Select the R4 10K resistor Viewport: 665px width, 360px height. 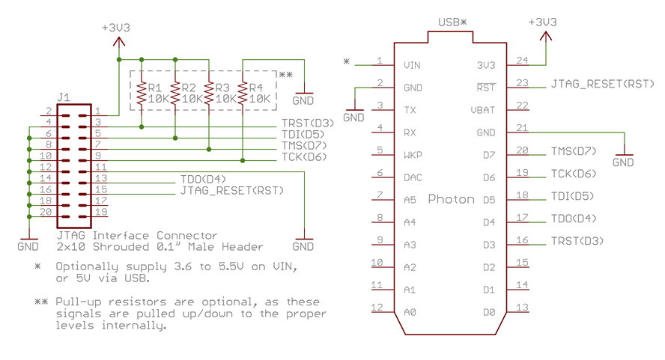[243, 92]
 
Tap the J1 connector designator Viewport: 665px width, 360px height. [64, 97]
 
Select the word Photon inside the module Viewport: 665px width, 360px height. [452, 199]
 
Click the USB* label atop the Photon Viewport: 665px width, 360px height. [452, 22]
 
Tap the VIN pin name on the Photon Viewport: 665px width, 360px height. [411, 66]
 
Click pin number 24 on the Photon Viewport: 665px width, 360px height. [522, 61]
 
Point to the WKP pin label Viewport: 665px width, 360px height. [411, 155]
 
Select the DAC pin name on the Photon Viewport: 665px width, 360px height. [411, 177]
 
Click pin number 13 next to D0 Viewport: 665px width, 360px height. [522, 307]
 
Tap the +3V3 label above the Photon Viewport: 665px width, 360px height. [543, 22]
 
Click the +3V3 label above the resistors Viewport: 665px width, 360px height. [116, 28]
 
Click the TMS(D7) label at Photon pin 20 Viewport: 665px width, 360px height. [574, 151]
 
